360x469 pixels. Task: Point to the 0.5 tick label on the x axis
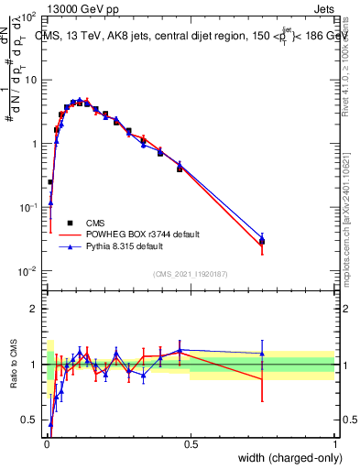pyautogui.click(x=191, y=444)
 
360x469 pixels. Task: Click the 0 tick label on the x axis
pyautogui.click(x=46, y=444)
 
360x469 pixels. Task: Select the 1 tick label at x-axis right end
pyautogui.click(x=334, y=444)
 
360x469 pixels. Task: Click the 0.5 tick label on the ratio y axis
pyautogui.click(x=28, y=420)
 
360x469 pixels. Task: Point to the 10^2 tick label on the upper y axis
pyautogui.click(x=29, y=16)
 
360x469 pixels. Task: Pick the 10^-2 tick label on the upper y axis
pyautogui.click(x=28, y=270)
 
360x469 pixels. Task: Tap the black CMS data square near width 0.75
pyautogui.click(x=262, y=242)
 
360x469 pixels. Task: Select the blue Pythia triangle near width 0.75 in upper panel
pyautogui.click(x=262, y=238)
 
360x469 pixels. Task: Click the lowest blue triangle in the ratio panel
pyautogui.click(x=50, y=424)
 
